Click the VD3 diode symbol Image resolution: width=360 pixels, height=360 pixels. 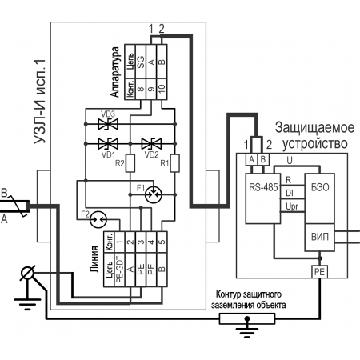[x=108, y=124]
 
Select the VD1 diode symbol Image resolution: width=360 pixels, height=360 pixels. [x=108, y=144]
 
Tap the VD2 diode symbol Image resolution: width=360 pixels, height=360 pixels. [x=151, y=144]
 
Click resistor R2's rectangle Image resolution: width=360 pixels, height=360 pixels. [x=130, y=163]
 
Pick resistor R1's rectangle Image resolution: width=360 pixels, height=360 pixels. [x=174, y=163]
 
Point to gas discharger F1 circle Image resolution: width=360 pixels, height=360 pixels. [x=154, y=195]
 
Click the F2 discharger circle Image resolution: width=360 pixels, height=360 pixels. [x=98, y=219]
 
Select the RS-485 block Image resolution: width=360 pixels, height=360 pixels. [x=263, y=198]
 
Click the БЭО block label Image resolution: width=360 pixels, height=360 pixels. [x=320, y=187]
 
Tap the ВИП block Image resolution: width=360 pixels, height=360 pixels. [x=320, y=237]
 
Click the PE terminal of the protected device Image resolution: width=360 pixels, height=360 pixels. [x=320, y=272]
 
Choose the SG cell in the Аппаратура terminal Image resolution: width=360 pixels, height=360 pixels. [x=141, y=62]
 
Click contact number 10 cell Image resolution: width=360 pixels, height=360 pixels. [x=162, y=90]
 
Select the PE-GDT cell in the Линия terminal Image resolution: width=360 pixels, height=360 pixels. [x=120, y=270]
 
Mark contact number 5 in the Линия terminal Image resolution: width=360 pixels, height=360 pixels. [x=162, y=242]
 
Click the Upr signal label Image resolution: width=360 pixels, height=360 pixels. [x=292, y=206]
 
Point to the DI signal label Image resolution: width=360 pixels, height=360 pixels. [x=290, y=193]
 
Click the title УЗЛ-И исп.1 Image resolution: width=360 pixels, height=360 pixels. [x=40, y=102]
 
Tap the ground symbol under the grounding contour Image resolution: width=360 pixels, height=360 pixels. [x=247, y=327]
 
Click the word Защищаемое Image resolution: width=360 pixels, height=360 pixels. [x=315, y=127]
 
